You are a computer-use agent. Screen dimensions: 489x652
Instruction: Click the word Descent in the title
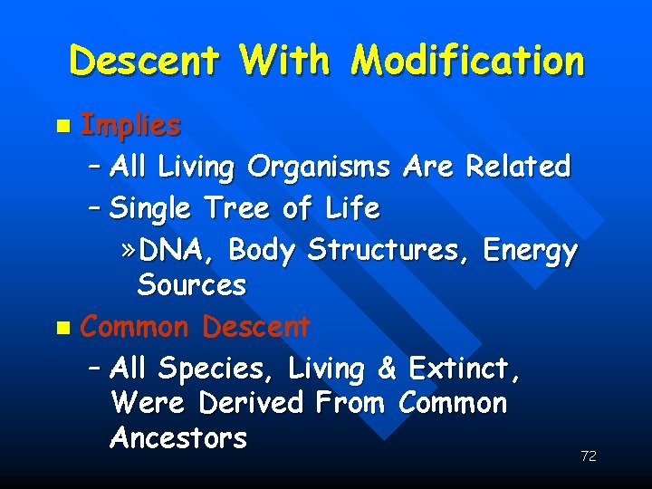(x=144, y=62)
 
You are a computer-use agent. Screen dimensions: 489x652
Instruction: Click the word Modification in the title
(x=467, y=62)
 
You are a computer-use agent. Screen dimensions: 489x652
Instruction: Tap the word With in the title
(x=284, y=62)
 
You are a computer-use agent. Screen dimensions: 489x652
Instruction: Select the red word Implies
(x=130, y=126)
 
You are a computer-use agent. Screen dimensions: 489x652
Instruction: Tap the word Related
(x=517, y=167)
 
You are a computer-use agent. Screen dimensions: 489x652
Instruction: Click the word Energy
(x=530, y=250)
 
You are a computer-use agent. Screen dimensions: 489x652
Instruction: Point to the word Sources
(x=191, y=285)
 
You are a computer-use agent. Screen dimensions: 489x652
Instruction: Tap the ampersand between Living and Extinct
(x=388, y=369)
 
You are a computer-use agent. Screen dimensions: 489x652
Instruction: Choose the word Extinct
(x=464, y=369)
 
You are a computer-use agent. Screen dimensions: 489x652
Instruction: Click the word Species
(x=216, y=369)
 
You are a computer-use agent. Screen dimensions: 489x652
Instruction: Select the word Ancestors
(x=178, y=438)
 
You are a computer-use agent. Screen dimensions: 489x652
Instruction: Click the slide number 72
(x=588, y=456)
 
